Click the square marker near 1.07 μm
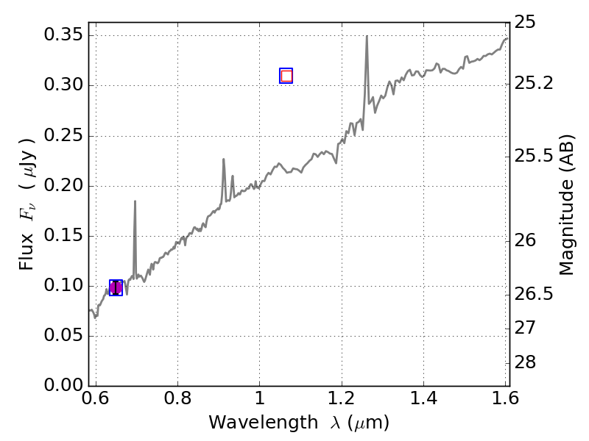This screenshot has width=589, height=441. click(286, 76)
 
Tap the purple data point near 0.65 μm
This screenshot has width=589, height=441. click(116, 287)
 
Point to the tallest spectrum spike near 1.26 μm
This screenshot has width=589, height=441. click(367, 37)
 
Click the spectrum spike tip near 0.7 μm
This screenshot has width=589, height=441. click(135, 201)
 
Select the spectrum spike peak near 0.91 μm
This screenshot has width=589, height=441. click(224, 159)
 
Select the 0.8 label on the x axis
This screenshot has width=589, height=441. click(177, 399)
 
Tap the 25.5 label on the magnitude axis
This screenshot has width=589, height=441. click(535, 157)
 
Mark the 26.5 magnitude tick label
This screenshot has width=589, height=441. click(535, 295)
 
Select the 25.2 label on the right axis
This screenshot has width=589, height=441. click(535, 84)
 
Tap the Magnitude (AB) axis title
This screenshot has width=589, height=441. click(566, 205)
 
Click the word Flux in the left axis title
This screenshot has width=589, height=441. click(27, 246)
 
